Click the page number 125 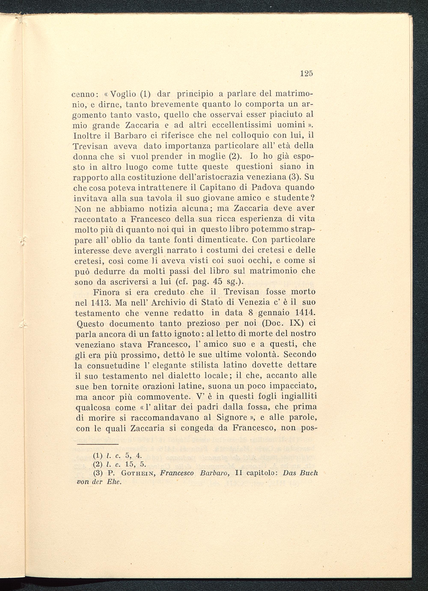click(x=306, y=74)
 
